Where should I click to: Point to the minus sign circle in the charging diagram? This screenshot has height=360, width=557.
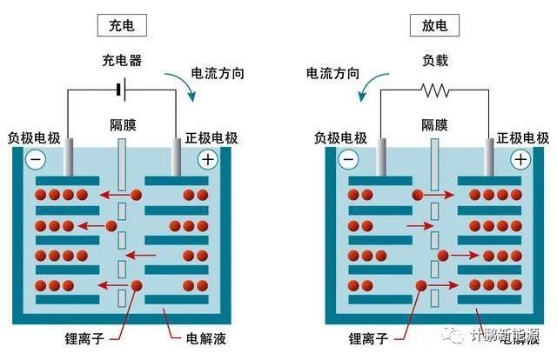pyautogui.click(x=36, y=159)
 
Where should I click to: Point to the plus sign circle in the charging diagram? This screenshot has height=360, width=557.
pyautogui.click(x=207, y=159)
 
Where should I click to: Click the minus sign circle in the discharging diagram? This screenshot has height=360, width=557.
pyautogui.click(x=348, y=159)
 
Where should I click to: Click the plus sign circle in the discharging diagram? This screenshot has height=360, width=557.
pyautogui.click(x=520, y=159)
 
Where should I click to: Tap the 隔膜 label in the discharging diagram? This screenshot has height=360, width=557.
pyautogui.click(x=434, y=124)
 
